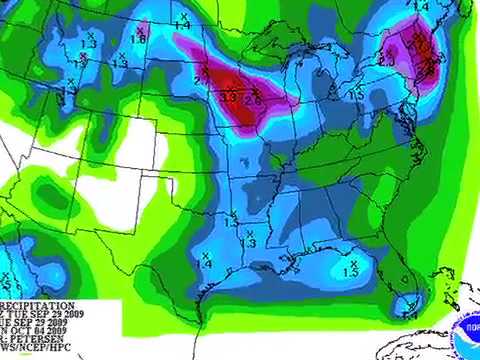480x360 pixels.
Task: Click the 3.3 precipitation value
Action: click(228, 97)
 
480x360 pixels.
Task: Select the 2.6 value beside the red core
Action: click(252, 100)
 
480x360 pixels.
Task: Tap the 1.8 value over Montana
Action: click(138, 38)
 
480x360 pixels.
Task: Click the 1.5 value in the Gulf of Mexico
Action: click(351, 271)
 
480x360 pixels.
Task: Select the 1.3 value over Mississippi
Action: click(251, 243)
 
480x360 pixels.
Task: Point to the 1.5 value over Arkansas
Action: click(231, 222)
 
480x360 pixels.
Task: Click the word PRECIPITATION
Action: click(37, 305)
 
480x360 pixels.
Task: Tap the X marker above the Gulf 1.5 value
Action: click(351, 262)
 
